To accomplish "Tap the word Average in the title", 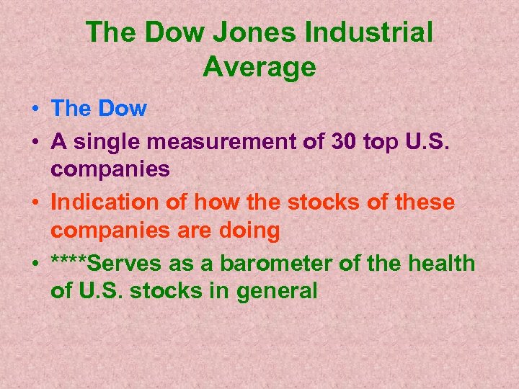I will [259, 67].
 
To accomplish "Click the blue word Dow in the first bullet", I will [123, 109].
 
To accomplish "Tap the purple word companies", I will [110, 170].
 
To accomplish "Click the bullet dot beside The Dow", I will [35, 109].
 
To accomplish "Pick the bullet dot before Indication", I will [35, 202].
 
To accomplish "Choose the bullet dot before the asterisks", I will [35, 264].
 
